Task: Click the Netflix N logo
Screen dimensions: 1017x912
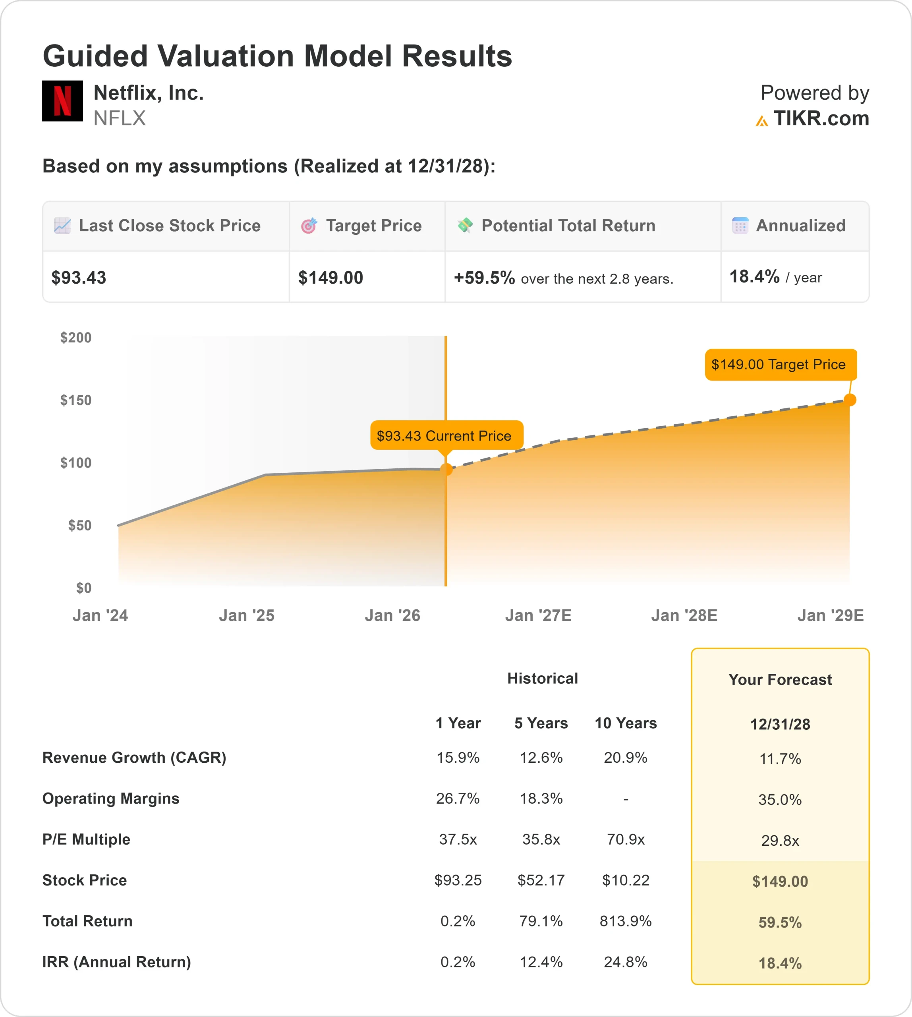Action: coord(62,101)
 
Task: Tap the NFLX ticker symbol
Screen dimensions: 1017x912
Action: coord(119,118)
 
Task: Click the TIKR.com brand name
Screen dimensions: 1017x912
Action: coord(821,119)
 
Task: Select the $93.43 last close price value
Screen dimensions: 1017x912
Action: coord(79,278)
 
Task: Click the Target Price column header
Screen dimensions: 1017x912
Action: coord(373,226)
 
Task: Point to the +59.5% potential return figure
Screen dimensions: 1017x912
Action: coord(484,278)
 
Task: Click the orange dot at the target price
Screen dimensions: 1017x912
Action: coord(850,400)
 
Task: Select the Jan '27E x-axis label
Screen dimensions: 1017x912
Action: coord(538,615)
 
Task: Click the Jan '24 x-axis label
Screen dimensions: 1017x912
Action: coord(100,615)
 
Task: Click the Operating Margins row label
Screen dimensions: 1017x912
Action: coord(111,799)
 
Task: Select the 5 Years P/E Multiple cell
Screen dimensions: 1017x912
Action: coord(541,839)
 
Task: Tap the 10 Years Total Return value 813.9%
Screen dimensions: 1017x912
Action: coord(625,921)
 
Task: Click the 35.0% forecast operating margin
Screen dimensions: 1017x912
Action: coord(780,799)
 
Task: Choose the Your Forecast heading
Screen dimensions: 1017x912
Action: coord(780,680)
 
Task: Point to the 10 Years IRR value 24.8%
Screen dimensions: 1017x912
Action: coord(625,962)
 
